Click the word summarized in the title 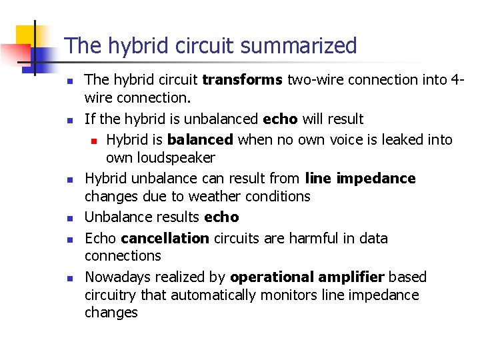click(x=299, y=46)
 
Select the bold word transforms click(x=243, y=80)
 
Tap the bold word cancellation click(x=165, y=238)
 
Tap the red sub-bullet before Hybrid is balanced click(x=95, y=141)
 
